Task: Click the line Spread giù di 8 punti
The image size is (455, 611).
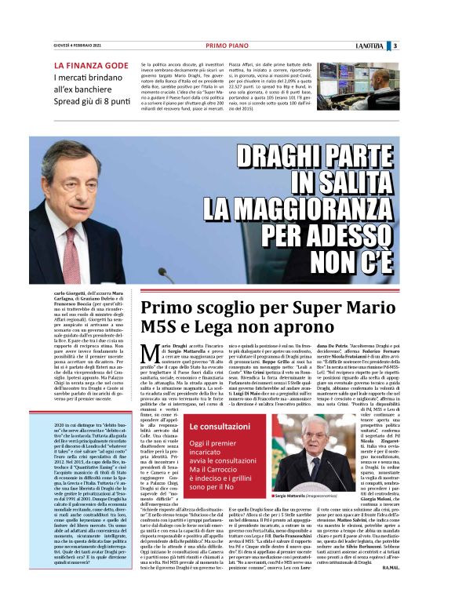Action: coord(92,102)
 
